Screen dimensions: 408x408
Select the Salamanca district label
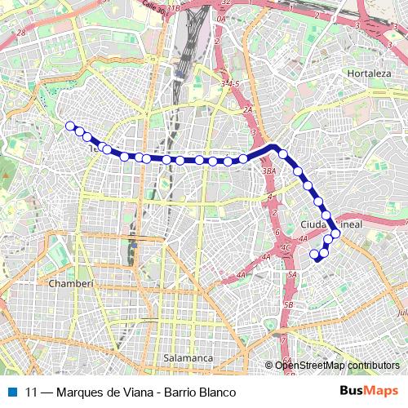pyautogui.click(x=188, y=358)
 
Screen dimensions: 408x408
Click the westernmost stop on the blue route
pyautogui.click(x=70, y=126)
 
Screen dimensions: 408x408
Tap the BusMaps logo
pyautogui.click(x=370, y=391)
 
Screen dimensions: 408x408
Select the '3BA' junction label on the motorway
pyautogui.click(x=270, y=171)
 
